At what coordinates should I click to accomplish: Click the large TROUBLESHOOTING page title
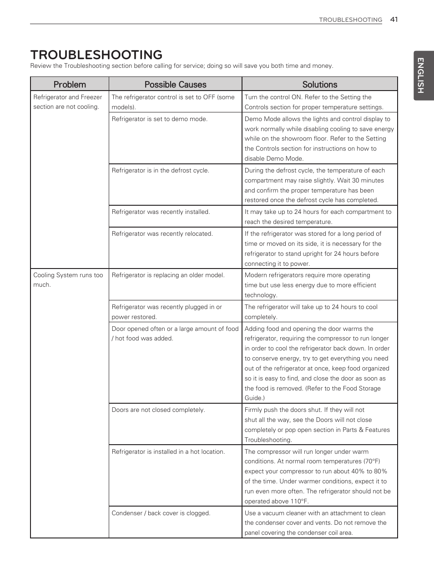pos(96,55)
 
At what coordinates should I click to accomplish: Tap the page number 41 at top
pos(394,19)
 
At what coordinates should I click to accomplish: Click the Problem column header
pos(70,84)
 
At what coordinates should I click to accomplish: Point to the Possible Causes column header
pos(175,84)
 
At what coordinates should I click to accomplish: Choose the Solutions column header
pos(320,84)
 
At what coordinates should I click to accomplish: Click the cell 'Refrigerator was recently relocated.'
pos(162,234)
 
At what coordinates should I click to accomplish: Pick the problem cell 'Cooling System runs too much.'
pos(68,280)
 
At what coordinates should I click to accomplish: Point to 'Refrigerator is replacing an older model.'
pos(168,275)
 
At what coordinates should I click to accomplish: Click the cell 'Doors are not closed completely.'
pos(158,410)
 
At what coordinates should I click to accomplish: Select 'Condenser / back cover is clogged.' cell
pos(161,513)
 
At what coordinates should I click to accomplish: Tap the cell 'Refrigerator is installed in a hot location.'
pos(168,452)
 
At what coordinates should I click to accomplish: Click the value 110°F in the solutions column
pos(300,502)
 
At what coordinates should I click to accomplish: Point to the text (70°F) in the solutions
pos(372,462)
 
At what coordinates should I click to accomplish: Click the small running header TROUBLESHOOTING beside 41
pos(350,20)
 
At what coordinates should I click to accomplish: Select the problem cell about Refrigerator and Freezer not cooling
pos(67,102)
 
